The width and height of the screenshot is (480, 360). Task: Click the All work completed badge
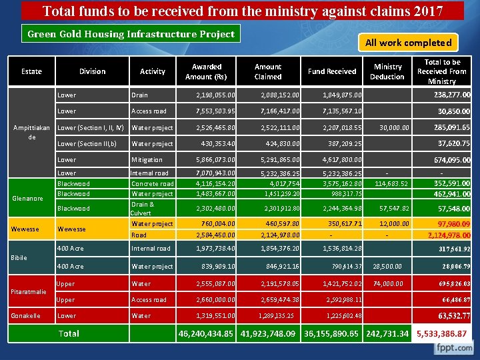tap(408, 43)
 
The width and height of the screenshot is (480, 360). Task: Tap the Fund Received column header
tap(332, 71)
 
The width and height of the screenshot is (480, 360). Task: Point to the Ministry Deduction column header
tap(387, 71)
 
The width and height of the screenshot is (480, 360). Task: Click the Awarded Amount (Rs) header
tap(207, 71)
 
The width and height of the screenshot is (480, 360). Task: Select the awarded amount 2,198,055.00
tap(212, 95)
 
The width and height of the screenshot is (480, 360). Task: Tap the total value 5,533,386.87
tap(442, 333)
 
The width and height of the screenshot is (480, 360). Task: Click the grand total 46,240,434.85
tap(207, 333)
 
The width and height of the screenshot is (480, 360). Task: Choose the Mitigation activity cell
tap(147, 160)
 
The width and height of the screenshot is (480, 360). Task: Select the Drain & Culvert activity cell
tap(143, 208)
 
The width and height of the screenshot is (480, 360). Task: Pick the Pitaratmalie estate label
tap(29, 291)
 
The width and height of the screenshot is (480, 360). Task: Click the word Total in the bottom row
tap(69, 333)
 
